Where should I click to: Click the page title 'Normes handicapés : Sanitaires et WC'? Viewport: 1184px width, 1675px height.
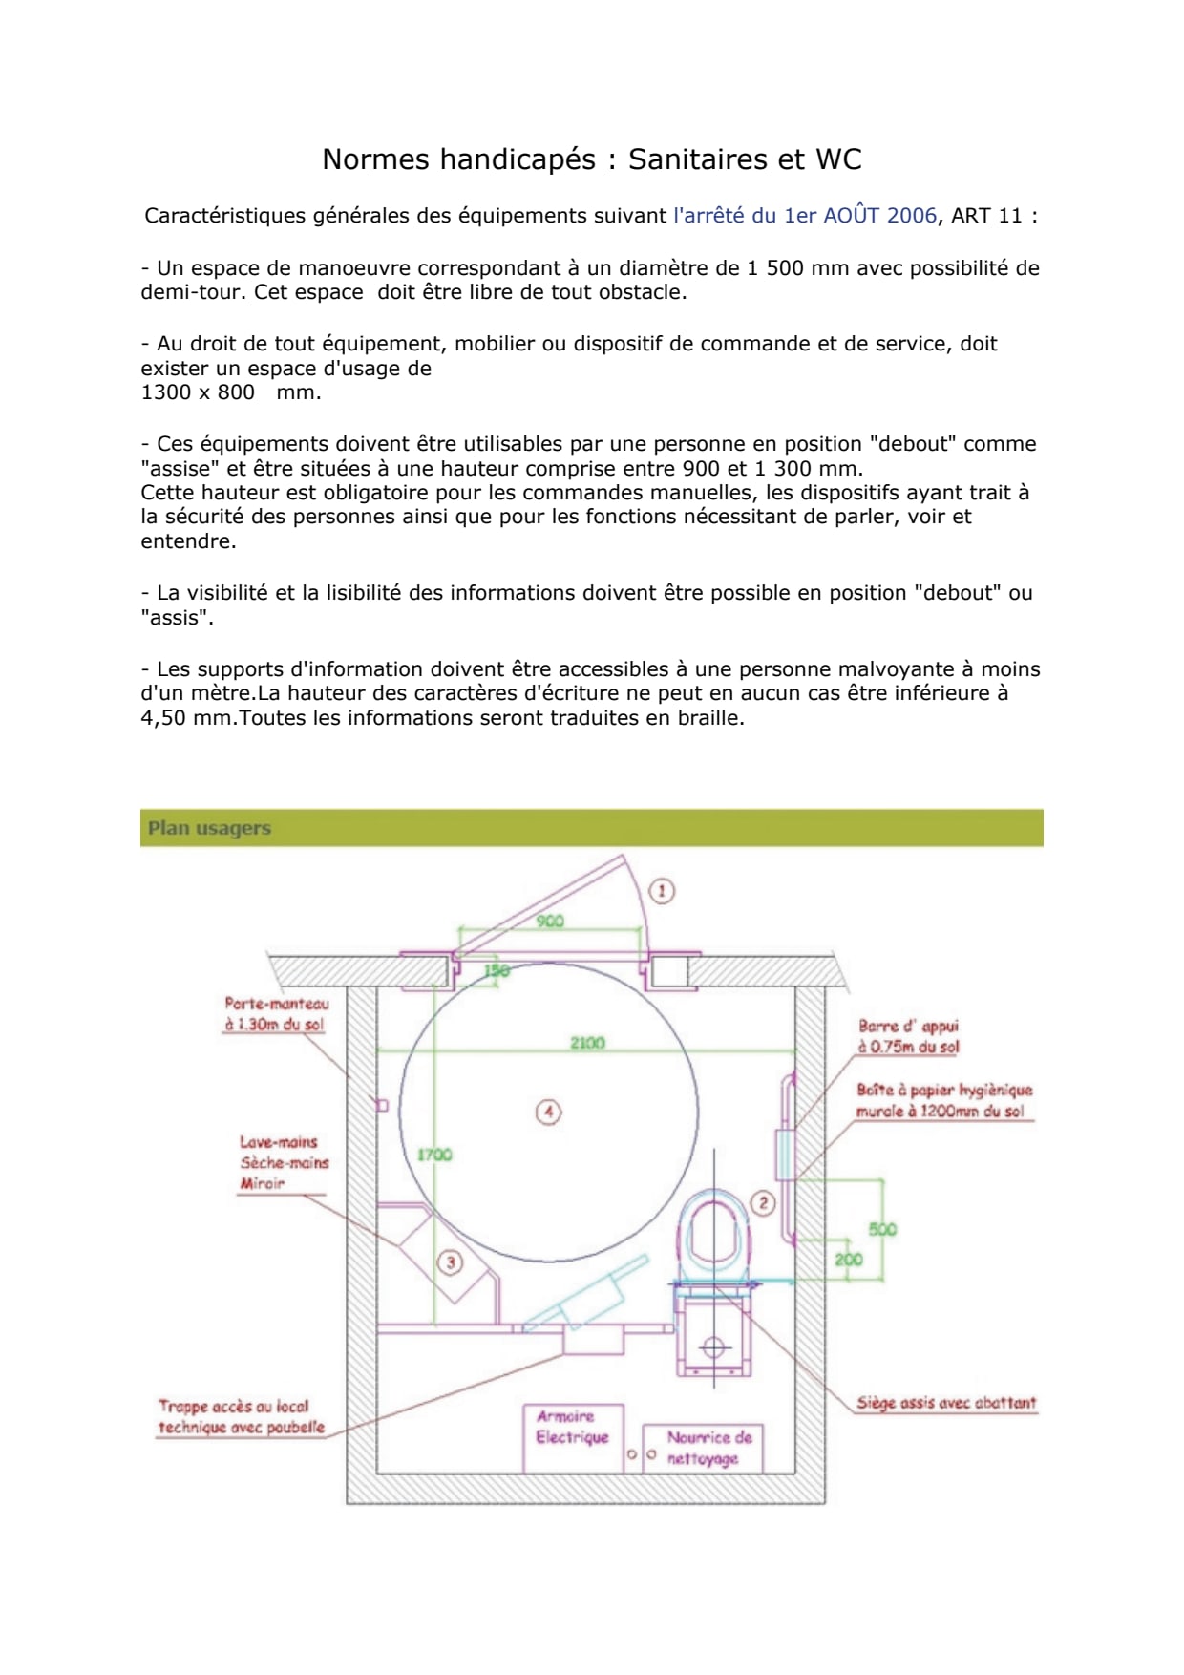[592, 159]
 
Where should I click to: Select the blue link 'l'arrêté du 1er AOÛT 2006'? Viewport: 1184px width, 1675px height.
[805, 216]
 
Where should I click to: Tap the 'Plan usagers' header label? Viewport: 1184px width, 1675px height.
[209, 828]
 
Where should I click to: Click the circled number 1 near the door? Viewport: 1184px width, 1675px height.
[662, 891]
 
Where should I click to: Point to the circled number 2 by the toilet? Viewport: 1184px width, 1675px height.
[763, 1203]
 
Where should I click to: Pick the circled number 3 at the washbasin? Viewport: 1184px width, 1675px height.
[450, 1262]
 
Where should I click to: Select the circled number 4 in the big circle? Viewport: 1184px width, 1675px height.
[548, 1112]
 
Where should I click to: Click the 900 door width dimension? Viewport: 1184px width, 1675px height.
[550, 921]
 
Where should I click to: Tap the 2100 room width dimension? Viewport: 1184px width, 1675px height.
[587, 1043]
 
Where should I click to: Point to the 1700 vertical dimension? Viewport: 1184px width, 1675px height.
[434, 1155]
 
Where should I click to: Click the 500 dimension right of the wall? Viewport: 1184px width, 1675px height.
[882, 1229]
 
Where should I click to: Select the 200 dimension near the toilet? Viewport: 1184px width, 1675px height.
[848, 1260]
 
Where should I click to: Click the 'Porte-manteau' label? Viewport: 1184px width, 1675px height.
[277, 1004]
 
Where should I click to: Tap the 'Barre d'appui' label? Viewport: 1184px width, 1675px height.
[908, 1027]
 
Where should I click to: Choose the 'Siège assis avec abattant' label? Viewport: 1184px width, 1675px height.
[946, 1403]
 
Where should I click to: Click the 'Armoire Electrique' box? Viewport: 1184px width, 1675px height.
[573, 1437]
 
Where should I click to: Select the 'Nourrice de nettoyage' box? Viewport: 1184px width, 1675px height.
[703, 1449]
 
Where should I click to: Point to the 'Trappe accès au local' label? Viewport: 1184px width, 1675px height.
[234, 1407]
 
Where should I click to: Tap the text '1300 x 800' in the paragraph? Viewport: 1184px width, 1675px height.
[198, 392]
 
